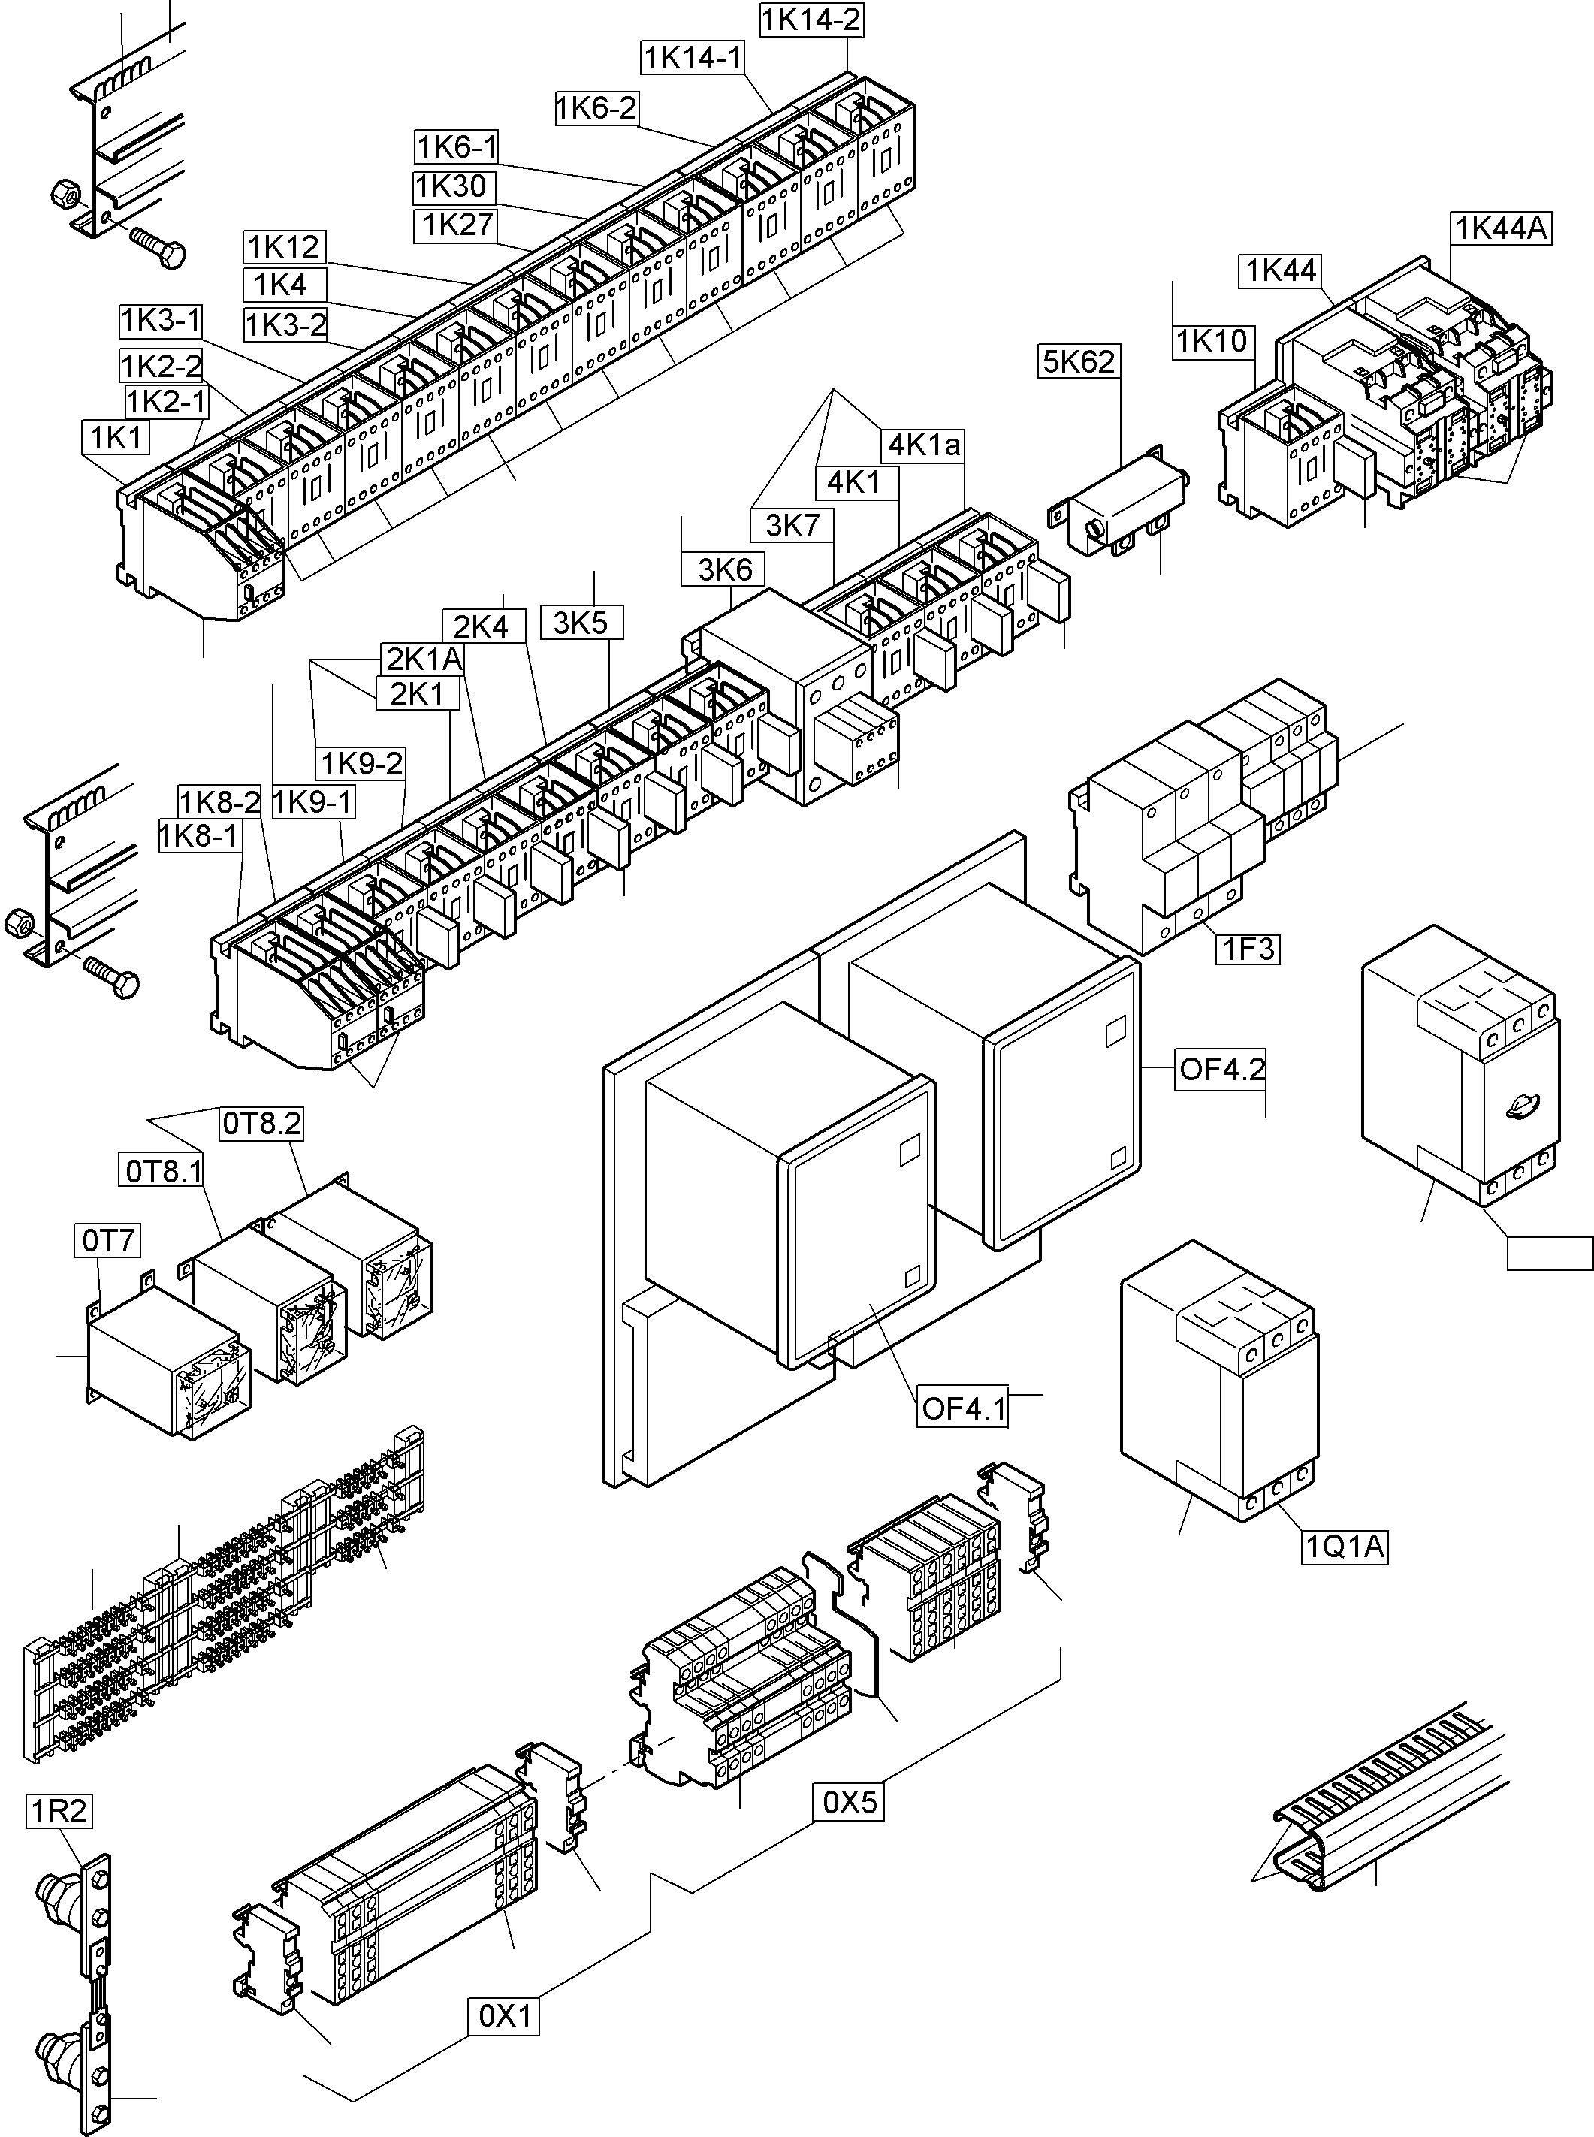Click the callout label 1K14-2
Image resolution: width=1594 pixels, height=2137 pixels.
pyautogui.click(x=811, y=20)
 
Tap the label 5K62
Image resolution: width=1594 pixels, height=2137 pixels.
pyautogui.click(x=1079, y=362)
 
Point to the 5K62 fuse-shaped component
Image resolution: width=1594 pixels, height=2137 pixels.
pyautogui.click(x=1119, y=506)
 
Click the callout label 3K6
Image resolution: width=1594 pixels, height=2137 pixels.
pyautogui.click(x=725, y=569)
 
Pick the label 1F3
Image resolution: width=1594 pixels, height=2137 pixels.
pyautogui.click(x=1248, y=949)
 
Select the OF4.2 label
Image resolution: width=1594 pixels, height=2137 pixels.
pyautogui.click(x=1221, y=1069)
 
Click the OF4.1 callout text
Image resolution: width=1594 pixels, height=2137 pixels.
pyautogui.click(x=963, y=1408)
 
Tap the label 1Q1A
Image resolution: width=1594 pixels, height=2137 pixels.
pyautogui.click(x=1344, y=1547)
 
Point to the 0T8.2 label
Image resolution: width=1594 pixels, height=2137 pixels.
pyautogui.click(x=261, y=1123)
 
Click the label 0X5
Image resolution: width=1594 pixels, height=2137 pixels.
pyautogui.click(x=849, y=1802)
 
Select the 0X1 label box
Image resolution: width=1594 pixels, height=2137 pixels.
pyautogui.click(x=505, y=2015)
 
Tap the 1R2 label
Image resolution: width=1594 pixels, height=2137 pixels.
pyautogui.click(x=59, y=1811)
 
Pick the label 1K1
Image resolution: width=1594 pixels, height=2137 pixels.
pyautogui.click(x=116, y=438)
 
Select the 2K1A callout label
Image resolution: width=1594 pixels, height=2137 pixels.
pyautogui.click(x=424, y=659)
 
